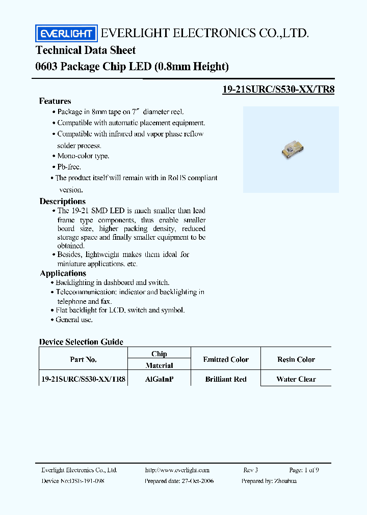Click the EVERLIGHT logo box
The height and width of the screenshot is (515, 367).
66,34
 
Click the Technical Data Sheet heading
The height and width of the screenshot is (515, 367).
86,50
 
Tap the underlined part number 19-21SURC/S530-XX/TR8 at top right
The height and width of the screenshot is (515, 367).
278,89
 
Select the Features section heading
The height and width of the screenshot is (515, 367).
55,101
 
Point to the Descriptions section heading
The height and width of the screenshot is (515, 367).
63,201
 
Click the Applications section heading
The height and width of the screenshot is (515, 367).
63,273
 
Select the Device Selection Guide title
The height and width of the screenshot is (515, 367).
82,342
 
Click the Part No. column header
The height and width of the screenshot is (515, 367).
83,359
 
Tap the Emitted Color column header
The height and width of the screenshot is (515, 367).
226,359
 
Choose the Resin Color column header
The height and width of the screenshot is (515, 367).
296,359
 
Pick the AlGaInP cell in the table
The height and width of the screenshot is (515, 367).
159,379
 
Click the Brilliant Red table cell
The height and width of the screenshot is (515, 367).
226,379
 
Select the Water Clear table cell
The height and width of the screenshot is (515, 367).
296,379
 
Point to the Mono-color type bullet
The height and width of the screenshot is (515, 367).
83,156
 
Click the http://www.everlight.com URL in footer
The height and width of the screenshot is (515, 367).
177,470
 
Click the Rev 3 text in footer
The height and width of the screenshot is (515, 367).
251,470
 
